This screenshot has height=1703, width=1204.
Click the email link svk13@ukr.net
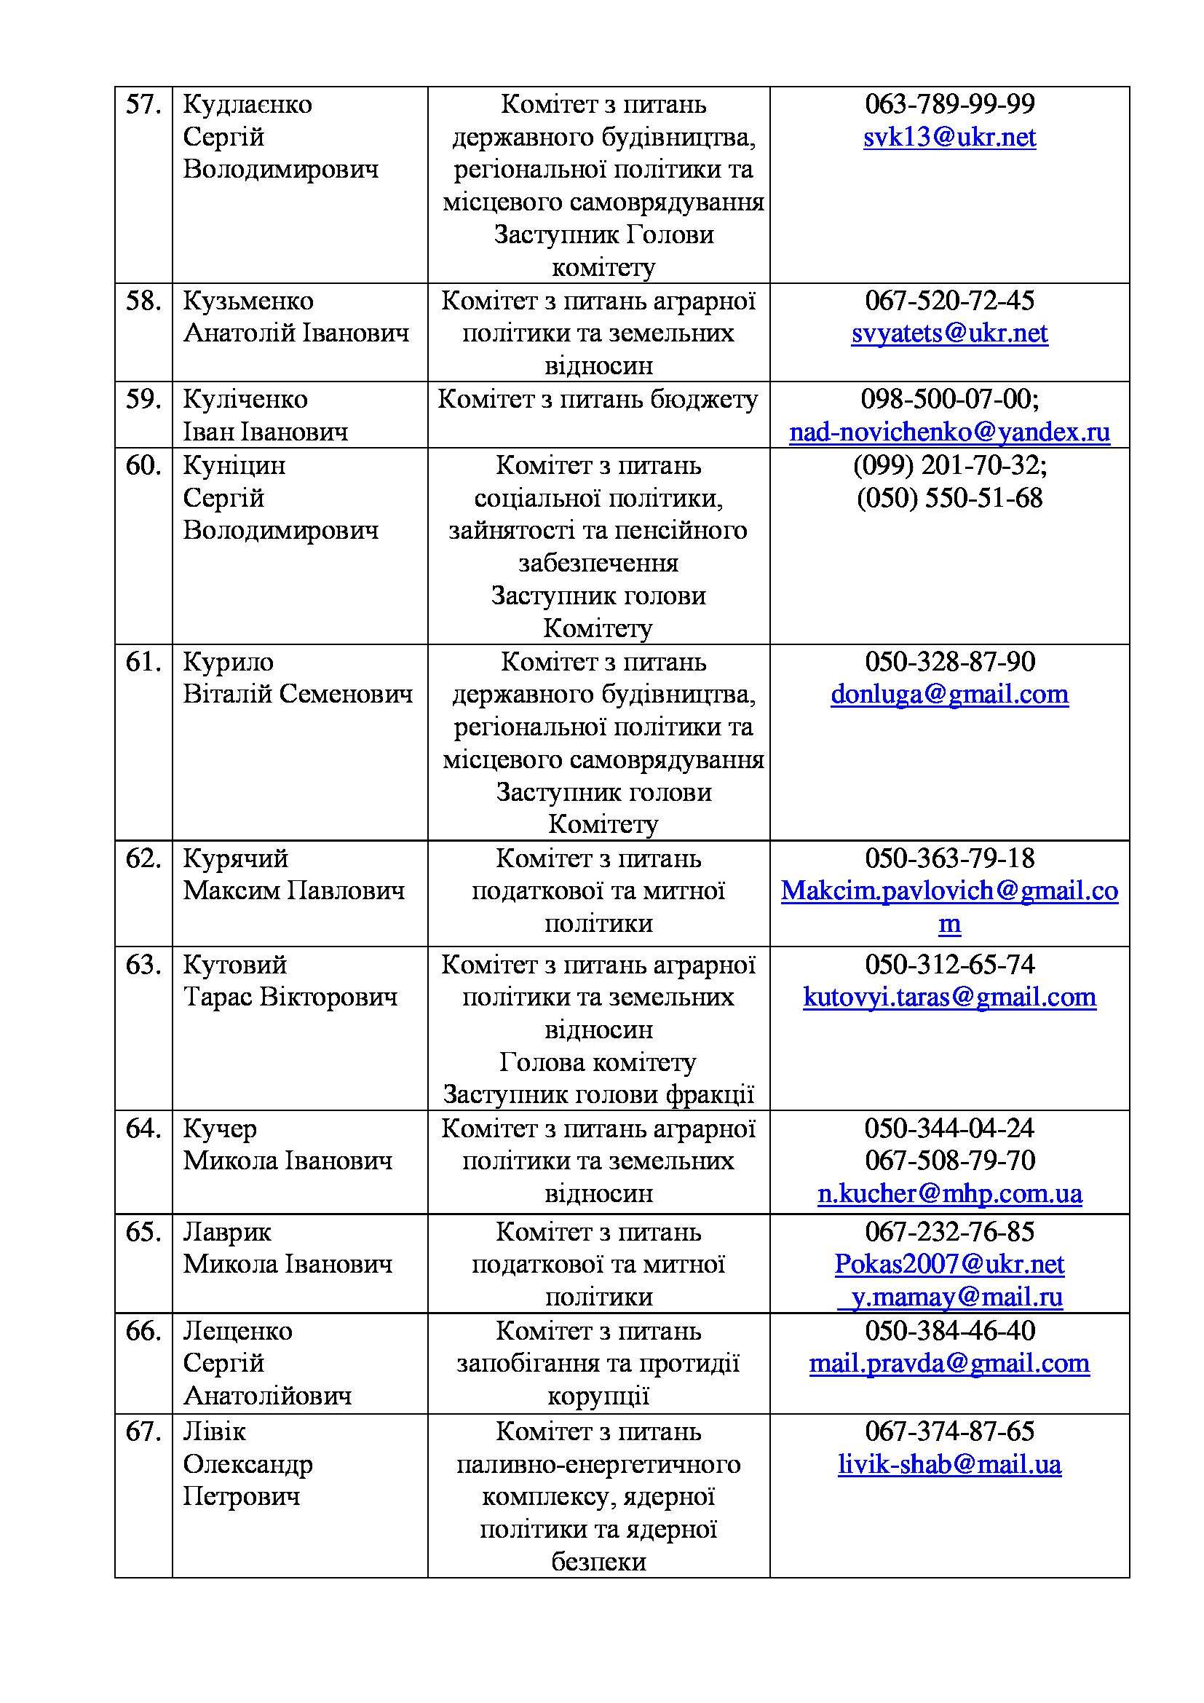(x=949, y=137)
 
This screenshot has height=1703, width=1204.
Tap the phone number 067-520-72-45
(x=949, y=301)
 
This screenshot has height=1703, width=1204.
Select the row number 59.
(x=143, y=399)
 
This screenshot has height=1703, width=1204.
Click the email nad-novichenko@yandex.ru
(x=949, y=432)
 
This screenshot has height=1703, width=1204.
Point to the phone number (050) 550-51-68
(x=949, y=498)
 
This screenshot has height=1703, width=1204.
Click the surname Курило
(x=229, y=662)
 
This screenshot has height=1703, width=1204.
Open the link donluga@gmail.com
(x=949, y=695)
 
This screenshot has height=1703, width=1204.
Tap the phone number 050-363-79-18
(x=949, y=858)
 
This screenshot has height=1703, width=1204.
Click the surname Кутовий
(x=235, y=964)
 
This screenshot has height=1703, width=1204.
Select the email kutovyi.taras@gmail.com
(x=949, y=997)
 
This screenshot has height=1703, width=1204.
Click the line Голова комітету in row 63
(x=598, y=1062)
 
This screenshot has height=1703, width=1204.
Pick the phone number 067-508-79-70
(x=949, y=1161)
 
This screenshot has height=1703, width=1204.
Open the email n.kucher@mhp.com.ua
(x=949, y=1193)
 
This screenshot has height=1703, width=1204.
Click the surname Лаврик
(x=227, y=1232)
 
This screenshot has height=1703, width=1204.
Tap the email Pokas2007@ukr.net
(x=949, y=1264)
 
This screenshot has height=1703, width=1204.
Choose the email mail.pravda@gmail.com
(x=949, y=1363)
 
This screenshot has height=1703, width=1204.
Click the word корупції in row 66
(x=598, y=1396)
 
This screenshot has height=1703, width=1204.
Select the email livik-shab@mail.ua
(x=949, y=1464)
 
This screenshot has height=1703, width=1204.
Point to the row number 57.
(x=143, y=105)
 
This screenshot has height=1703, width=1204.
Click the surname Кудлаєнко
(x=247, y=105)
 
